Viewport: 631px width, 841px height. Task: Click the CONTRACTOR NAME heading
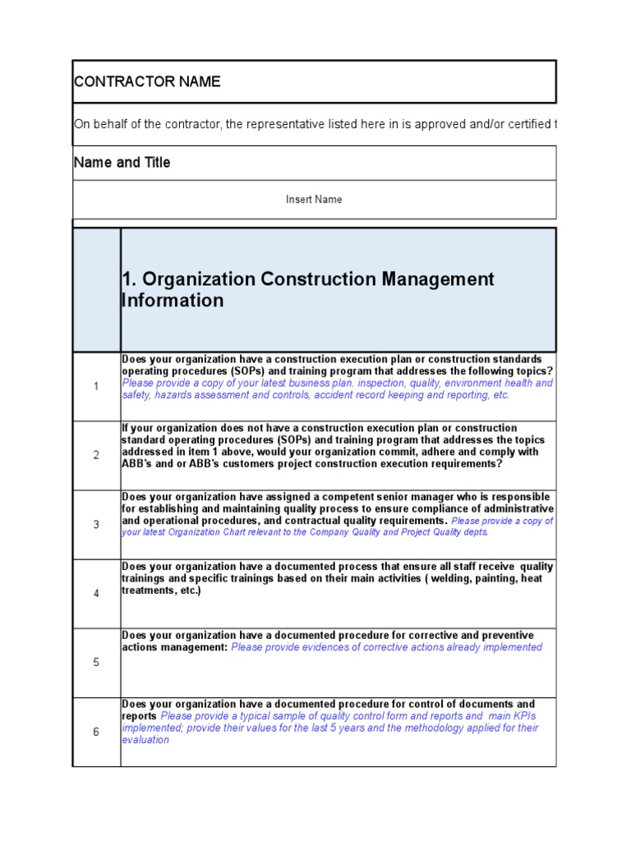pyautogui.click(x=148, y=81)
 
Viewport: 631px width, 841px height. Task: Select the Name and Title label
pyautogui.click(x=122, y=163)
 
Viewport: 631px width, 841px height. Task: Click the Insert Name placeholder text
pyautogui.click(x=314, y=200)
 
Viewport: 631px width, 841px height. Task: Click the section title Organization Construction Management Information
pyautogui.click(x=307, y=290)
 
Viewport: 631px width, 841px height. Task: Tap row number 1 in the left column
pyautogui.click(x=96, y=387)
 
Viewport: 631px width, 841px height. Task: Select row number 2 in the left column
pyautogui.click(x=96, y=456)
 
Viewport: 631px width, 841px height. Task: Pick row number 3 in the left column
pyautogui.click(x=96, y=525)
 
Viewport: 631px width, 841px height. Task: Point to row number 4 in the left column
pyautogui.click(x=96, y=594)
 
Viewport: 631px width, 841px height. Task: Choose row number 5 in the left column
pyautogui.click(x=96, y=663)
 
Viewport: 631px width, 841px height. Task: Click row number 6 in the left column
pyautogui.click(x=96, y=732)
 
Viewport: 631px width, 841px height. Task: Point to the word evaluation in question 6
pyautogui.click(x=145, y=740)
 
